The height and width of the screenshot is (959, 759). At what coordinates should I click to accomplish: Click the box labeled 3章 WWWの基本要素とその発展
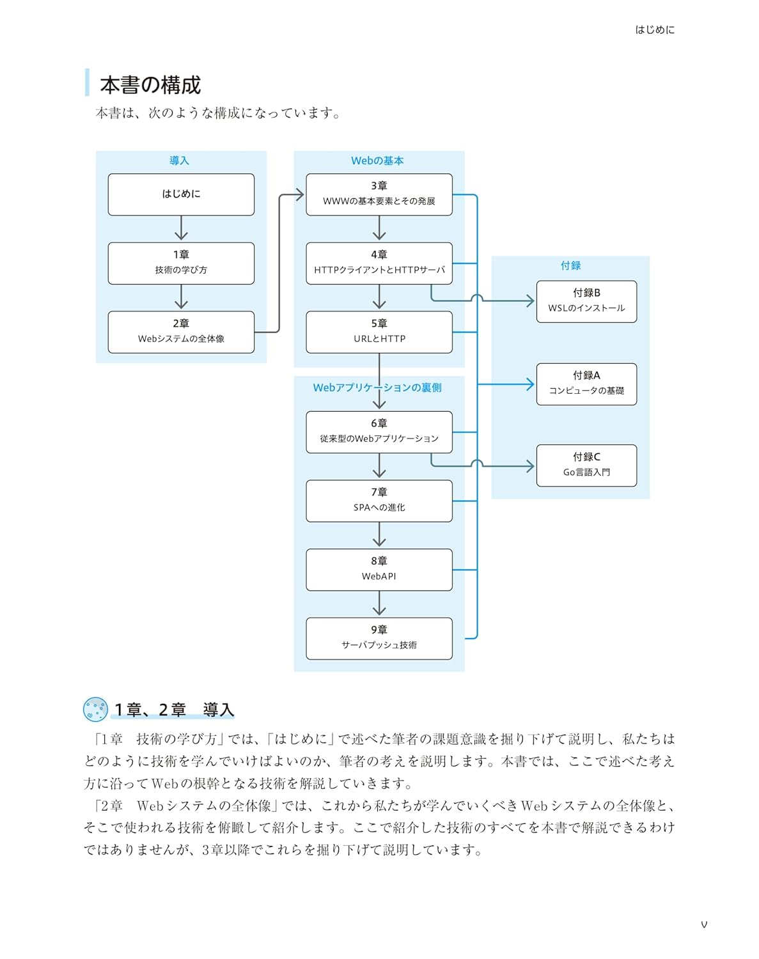click(x=379, y=194)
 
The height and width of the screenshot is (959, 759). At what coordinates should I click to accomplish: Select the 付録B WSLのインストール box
click(x=586, y=301)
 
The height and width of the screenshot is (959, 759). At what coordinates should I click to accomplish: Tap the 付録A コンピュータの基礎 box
click(x=586, y=384)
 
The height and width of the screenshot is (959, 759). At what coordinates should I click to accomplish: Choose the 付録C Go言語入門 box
click(x=586, y=465)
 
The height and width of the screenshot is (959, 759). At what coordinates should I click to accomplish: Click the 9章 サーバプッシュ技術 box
click(x=379, y=638)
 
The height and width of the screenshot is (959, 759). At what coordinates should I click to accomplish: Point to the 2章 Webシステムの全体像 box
click(x=181, y=332)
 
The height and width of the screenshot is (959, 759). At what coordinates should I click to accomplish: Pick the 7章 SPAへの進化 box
click(x=379, y=501)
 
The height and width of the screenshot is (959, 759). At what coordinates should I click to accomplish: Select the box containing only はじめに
click(x=181, y=194)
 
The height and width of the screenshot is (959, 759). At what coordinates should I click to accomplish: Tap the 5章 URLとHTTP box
click(x=379, y=332)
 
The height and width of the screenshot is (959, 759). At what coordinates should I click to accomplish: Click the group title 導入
click(x=179, y=160)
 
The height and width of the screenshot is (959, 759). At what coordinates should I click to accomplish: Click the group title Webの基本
click(x=377, y=160)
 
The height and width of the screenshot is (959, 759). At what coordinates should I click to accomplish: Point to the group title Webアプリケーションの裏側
click(x=377, y=387)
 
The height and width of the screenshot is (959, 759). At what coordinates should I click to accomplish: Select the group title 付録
click(x=570, y=265)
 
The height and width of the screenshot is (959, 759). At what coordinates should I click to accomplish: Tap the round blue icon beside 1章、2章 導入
click(x=95, y=709)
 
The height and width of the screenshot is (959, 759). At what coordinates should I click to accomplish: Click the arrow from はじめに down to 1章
click(x=181, y=228)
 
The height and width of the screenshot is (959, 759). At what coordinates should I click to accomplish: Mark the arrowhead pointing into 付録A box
click(x=530, y=384)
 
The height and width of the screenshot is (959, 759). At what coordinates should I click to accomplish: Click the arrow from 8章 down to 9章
click(x=379, y=604)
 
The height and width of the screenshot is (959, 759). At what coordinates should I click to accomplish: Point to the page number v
click(x=704, y=924)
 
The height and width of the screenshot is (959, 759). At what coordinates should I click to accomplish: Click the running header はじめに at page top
click(x=655, y=30)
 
